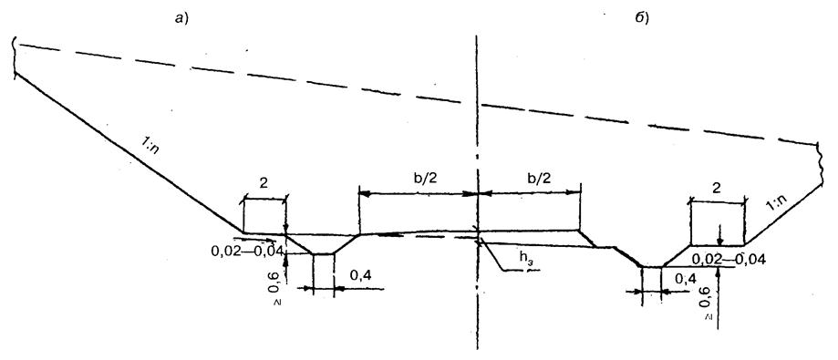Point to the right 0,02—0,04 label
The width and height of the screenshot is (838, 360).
729,260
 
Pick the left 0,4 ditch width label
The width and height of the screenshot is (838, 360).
359,277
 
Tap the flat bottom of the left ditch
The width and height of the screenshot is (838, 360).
323,253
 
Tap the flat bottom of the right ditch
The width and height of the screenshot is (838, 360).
651,266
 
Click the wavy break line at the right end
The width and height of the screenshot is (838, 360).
820,163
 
